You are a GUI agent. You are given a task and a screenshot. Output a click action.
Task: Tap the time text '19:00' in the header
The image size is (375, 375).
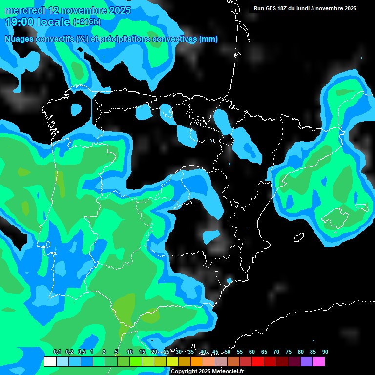tap(20, 21)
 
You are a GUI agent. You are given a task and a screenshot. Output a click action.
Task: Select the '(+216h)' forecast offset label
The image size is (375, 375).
tap(87, 22)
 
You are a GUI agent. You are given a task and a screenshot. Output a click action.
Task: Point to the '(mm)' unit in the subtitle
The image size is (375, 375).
tap(208, 39)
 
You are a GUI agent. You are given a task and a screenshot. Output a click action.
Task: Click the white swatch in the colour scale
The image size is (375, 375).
tap(50, 362)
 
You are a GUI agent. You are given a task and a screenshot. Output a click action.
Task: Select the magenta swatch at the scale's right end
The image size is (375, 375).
tap(319, 362)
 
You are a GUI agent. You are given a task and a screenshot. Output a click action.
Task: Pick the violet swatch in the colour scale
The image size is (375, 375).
tap(307, 362)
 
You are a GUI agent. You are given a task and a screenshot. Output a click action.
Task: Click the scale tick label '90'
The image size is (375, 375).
tap(325, 352)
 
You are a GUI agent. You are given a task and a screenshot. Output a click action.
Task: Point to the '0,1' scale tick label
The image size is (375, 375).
tap(57, 352)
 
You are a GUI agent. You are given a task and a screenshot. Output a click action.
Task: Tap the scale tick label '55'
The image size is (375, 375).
tap(239, 352)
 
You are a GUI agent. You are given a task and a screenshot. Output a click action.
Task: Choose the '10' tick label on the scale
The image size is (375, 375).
tap(129, 352)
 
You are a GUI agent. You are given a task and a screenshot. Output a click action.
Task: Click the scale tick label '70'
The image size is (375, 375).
tap(276, 352)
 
